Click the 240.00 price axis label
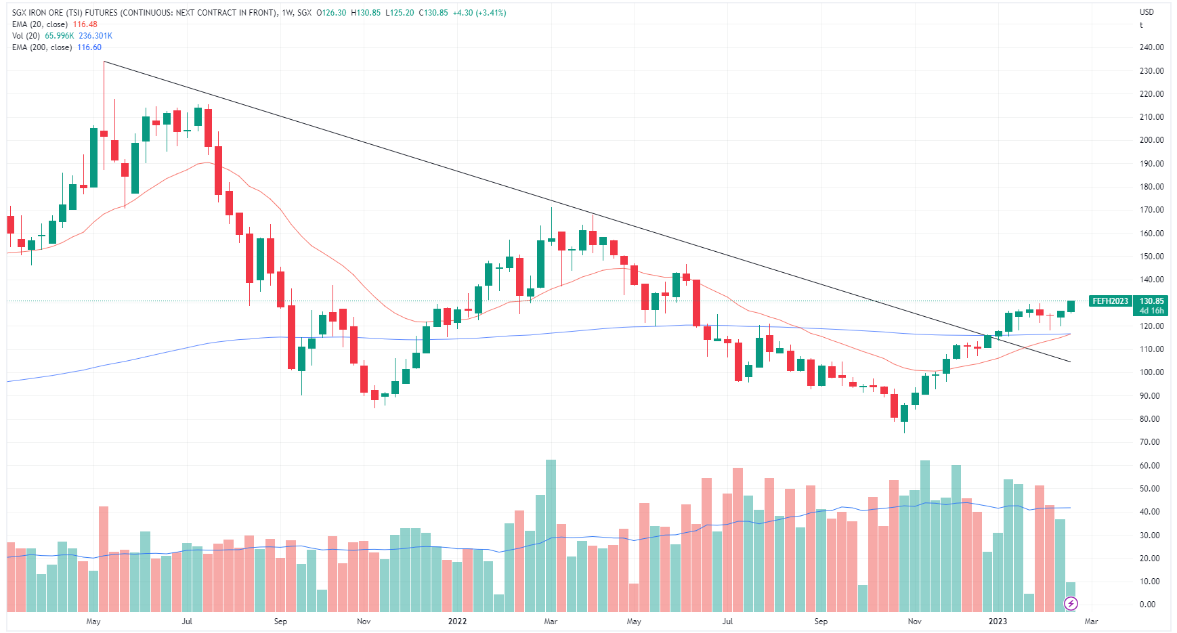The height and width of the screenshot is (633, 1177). tap(1151, 47)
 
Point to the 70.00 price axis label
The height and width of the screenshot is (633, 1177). tap(1151, 442)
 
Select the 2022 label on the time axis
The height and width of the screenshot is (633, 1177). tap(458, 621)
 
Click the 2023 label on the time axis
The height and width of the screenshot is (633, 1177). tap(998, 621)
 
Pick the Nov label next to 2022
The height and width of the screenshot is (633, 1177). tap(364, 621)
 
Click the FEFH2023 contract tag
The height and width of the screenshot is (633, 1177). tap(1110, 301)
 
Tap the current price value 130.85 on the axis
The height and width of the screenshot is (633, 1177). tap(1152, 301)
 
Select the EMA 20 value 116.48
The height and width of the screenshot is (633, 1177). tap(85, 24)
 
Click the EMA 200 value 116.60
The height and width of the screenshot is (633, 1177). tap(89, 47)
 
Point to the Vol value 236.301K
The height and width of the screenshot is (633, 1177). tap(95, 36)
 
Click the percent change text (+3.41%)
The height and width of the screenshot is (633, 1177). tap(491, 13)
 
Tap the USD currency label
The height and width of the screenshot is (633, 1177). tap(1147, 12)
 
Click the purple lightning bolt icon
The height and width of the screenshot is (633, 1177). tap(1071, 603)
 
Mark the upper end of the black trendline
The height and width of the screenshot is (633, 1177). tap(104, 62)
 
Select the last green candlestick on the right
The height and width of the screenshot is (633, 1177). tap(1071, 307)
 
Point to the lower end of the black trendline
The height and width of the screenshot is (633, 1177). tap(1071, 362)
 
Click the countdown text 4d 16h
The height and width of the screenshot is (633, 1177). tap(1152, 311)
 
